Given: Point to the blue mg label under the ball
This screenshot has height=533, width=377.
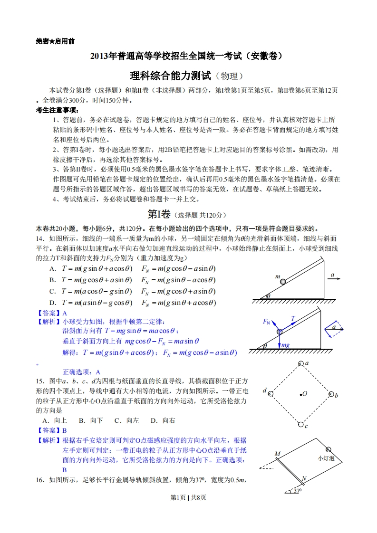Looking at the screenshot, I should [x=286, y=345].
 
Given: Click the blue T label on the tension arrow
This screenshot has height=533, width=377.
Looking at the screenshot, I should [x=293, y=318].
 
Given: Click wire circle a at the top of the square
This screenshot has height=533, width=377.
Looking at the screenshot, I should [x=300, y=364].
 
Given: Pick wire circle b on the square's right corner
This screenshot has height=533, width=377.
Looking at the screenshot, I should [x=330, y=394].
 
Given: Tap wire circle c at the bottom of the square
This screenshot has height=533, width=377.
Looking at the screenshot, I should [x=300, y=424].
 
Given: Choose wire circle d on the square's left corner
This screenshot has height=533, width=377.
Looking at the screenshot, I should [x=271, y=393].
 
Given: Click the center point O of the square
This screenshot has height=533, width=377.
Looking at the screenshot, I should [x=300, y=394].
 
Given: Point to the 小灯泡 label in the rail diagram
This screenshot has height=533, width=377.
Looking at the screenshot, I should [x=326, y=458].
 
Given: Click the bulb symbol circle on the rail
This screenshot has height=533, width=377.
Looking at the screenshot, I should [x=329, y=449].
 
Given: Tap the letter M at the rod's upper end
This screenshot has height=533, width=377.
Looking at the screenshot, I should [x=277, y=454].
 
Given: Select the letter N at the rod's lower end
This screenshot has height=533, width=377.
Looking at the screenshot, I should [x=304, y=477].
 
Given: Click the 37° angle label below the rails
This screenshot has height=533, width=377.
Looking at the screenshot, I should [x=298, y=490].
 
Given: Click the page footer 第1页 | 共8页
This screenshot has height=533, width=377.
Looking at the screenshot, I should [x=188, y=510].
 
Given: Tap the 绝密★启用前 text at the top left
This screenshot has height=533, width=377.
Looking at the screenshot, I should [x=55, y=41].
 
